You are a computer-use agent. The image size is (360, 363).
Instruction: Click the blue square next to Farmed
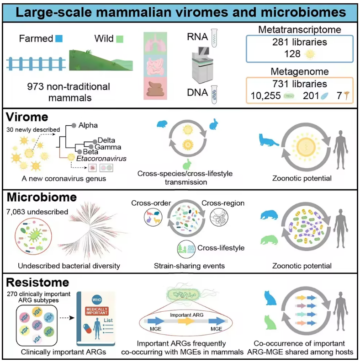tap(58, 38)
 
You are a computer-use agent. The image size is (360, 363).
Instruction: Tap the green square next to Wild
tap(119, 38)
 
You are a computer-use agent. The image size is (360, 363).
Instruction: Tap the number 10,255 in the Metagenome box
tap(266, 96)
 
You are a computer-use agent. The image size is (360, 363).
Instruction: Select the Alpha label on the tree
tap(88, 124)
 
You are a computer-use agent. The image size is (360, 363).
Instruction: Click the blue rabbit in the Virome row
tap(214, 124)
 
